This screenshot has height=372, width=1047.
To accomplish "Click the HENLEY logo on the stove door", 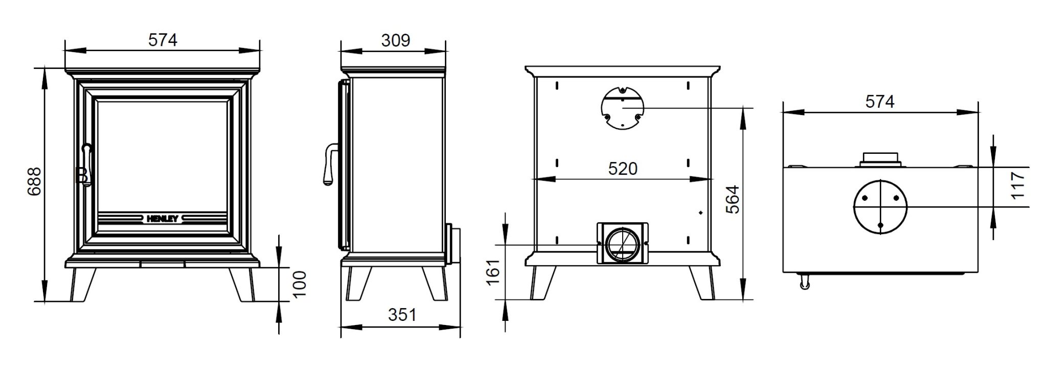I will [x=163, y=219].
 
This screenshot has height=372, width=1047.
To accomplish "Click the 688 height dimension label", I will [x=34, y=182].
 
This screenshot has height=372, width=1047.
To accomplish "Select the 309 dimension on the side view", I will [x=395, y=40].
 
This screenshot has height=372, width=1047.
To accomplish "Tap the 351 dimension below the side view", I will [x=402, y=315].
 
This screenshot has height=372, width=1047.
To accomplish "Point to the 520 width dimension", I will [x=622, y=169].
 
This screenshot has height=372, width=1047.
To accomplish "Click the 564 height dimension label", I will [x=732, y=199].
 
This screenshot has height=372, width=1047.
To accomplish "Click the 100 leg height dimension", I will [x=300, y=284].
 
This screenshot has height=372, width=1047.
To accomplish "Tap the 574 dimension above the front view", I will [x=163, y=40].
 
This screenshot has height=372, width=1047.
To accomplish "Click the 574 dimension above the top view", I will [x=880, y=102].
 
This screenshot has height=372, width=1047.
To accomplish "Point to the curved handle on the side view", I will [x=329, y=164].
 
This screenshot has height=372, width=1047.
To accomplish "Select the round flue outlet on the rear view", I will [x=622, y=108].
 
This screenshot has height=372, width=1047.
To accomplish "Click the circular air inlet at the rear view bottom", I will [x=622, y=245].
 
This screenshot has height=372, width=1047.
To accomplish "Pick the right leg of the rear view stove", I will [x=703, y=283].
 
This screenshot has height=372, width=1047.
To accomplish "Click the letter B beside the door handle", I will [x=80, y=175].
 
